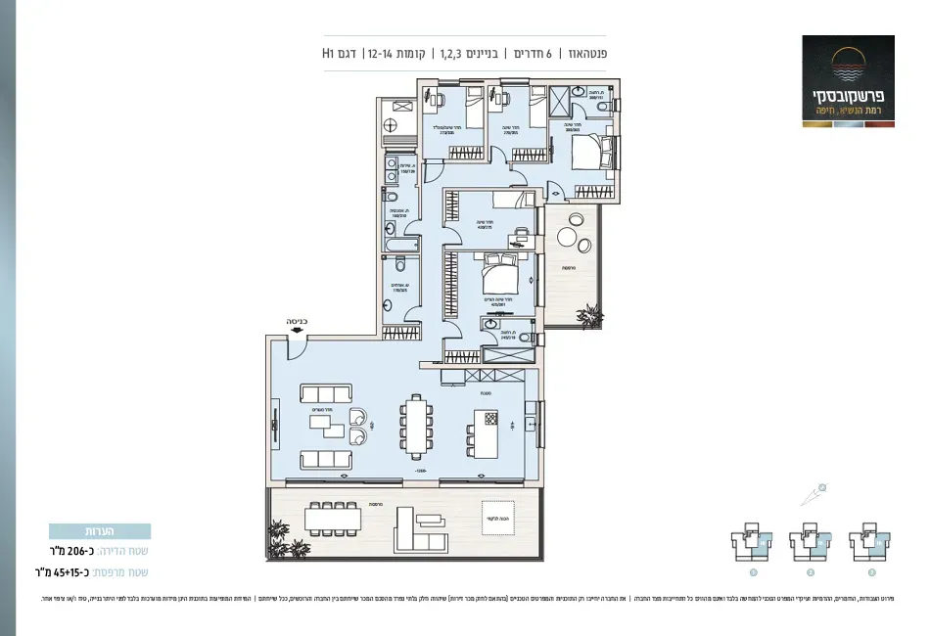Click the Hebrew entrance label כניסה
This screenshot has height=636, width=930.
[297, 320]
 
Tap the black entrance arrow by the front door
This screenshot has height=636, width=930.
[296, 333]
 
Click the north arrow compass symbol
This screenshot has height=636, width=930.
[814, 493]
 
